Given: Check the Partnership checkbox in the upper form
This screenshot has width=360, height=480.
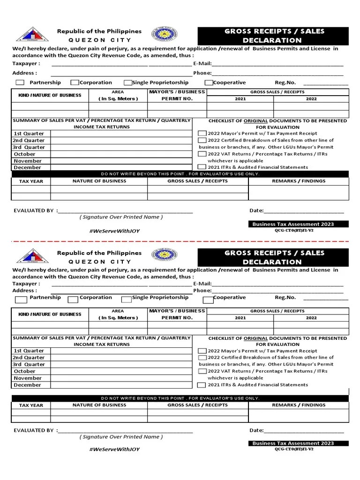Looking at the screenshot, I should click(20, 83).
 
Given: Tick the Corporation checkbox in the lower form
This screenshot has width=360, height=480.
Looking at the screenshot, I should click(73, 299).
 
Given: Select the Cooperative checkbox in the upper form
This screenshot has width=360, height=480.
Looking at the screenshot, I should click(210, 83).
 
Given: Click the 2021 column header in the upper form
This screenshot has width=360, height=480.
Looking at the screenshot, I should click(240, 99).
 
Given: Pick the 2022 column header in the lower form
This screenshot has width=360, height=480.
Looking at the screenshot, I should click(311, 318).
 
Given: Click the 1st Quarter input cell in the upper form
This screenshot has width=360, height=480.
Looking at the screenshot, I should click(120, 134).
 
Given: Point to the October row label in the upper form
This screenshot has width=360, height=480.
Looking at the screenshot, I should click(24, 154).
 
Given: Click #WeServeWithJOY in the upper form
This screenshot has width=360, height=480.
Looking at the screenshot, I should click(114, 231).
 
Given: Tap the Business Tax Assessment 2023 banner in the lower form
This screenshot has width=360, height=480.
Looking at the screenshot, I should click(293, 443).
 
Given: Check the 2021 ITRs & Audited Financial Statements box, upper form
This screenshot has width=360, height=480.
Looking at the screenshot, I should click(202, 167).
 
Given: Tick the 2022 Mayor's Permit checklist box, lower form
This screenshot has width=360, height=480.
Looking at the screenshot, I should click(202, 351).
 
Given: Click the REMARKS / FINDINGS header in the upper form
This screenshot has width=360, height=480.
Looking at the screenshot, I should click(299, 180).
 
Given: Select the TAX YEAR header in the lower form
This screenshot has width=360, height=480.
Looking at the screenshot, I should click(31, 405).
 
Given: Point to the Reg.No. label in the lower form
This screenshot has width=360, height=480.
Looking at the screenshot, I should click(285, 297).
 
